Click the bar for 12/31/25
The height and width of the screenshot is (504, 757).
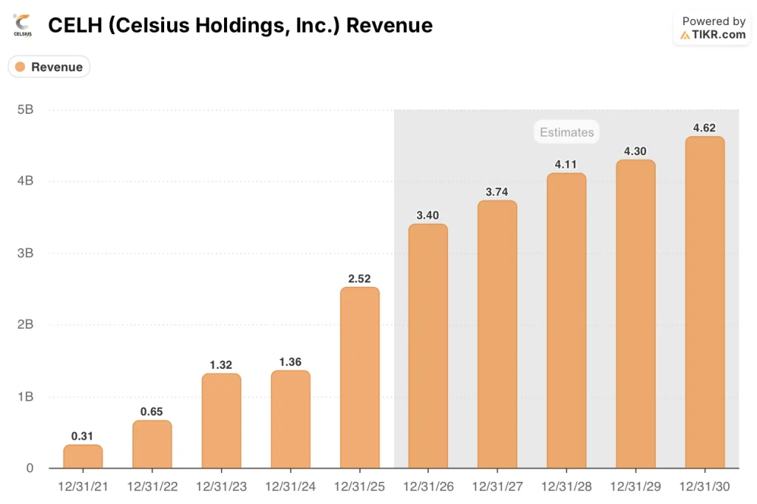tap(359, 378)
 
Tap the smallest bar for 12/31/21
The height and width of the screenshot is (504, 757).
tap(83, 456)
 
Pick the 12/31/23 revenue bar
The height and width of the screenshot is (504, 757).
tap(221, 420)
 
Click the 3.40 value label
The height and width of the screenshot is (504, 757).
tap(428, 215)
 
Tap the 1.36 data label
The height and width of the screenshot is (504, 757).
tap(290, 361)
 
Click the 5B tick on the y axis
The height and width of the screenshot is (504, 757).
tap(24, 109)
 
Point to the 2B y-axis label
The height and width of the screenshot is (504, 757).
tap(24, 324)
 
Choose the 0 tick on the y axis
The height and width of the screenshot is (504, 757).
tap(29, 468)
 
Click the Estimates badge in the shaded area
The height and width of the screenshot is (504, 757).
tap(566, 132)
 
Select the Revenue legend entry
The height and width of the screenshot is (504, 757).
tap(49, 67)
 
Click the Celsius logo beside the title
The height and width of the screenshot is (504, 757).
tap(22, 25)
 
